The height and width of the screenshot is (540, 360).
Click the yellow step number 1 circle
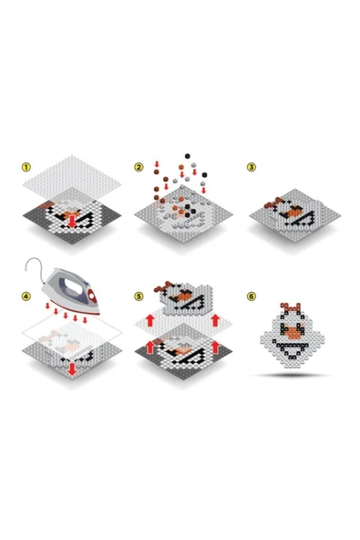pos(26,167)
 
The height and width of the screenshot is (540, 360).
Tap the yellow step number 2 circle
pos(139,167)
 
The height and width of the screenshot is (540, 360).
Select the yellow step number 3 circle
pos(252,167)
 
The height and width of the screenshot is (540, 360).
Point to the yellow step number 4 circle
pos(26,296)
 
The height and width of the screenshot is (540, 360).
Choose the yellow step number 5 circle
pos(139,296)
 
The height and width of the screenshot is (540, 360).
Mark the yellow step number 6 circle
pos(252,296)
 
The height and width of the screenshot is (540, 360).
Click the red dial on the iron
pos(91,296)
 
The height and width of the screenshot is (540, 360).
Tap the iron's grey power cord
pos(34,265)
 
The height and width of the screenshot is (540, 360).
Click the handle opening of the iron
pos(73,286)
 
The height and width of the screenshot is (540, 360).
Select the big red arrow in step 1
pos(72,222)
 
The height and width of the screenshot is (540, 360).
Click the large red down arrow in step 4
pos(72,369)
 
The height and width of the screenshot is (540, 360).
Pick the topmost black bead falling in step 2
pos(187,156)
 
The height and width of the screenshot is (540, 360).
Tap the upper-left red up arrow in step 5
pos(150,320)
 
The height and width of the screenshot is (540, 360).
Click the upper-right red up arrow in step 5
pos(215,320)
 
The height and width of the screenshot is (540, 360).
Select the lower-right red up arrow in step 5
pos(215,347)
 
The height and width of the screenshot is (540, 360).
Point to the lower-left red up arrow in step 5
pos(150,347)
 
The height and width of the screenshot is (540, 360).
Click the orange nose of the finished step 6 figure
pos(293,332)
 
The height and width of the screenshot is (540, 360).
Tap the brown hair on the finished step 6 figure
pos(291,306)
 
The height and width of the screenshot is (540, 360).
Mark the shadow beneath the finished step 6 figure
pos(292,375)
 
